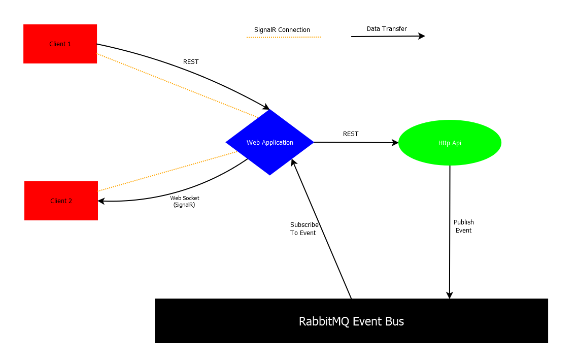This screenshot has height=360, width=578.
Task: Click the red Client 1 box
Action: pyautogui.click(x=60, y=44)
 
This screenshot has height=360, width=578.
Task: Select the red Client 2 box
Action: pyautogui.click(x=61, y=201)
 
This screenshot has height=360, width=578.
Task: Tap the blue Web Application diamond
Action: pyautogui.click(x=269, y=143)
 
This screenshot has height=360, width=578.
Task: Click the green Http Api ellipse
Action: pyautogui.click(x=450, y=143)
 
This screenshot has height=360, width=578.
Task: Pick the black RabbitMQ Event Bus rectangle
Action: pyautogui.click(x=351, y=321)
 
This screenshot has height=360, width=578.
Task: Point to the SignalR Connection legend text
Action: pyautogui.click(x=282, y=30)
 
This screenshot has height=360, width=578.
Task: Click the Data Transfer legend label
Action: pyautogui.click(x=387, y=29)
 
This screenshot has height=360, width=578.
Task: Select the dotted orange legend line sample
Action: pyautogui.click(x=284, y=37)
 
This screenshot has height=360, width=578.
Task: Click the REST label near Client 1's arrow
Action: pyautogui.click(x=191, y=62)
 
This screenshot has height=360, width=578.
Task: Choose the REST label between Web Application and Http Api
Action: pyautogui.click(x=351, y=134)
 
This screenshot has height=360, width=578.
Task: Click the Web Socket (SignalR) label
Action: pyautogui.click(x=184, y=202)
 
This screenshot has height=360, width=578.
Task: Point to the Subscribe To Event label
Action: pyautogui.click(x=304, y=228)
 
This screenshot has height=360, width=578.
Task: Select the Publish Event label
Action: pyautogui.click(x=463, y=226)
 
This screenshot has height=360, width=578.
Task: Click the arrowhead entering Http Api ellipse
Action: pyautogui.click(x=395, y=143)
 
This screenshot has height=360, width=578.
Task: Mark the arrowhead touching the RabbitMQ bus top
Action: pyautogui.click(x=449, y=295)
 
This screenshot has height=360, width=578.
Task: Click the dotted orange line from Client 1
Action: pyautogui.click(x=178, y=85)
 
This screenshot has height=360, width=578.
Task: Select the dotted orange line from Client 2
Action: pyautogui.click(x=167, y=171)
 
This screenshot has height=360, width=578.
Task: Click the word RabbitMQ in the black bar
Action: pyautogui.click(x=324, y=321)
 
